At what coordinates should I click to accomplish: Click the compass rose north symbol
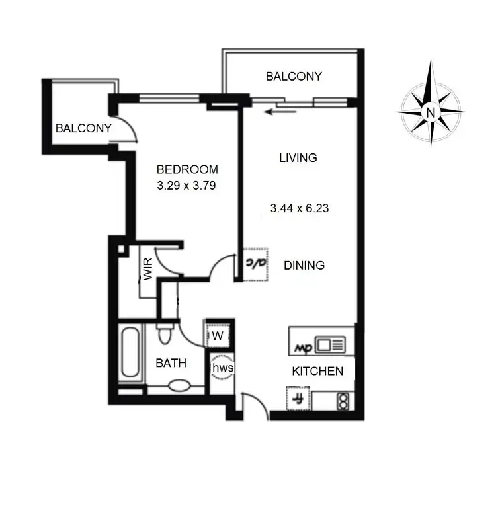click(x=431, y=111)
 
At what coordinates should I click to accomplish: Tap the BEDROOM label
click(x=187, y=169)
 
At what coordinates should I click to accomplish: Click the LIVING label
click(x=298, y=158)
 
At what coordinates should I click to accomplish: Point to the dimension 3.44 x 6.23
click(x=300, y=208)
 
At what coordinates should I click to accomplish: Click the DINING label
click(x=304, y=265)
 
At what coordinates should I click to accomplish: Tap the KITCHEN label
click(x=317, y=371)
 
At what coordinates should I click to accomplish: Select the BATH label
click(x=171, y=363)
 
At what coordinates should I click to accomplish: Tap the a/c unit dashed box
click(x=255, y=264)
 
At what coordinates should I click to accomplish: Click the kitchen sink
click(x=330, y=344)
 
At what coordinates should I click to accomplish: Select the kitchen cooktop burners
click(x=343, y=400)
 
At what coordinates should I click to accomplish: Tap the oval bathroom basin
click(x=179, y=385)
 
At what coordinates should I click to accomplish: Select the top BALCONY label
click(x=294, y=77)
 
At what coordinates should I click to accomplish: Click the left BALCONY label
click(x=83, y=128)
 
